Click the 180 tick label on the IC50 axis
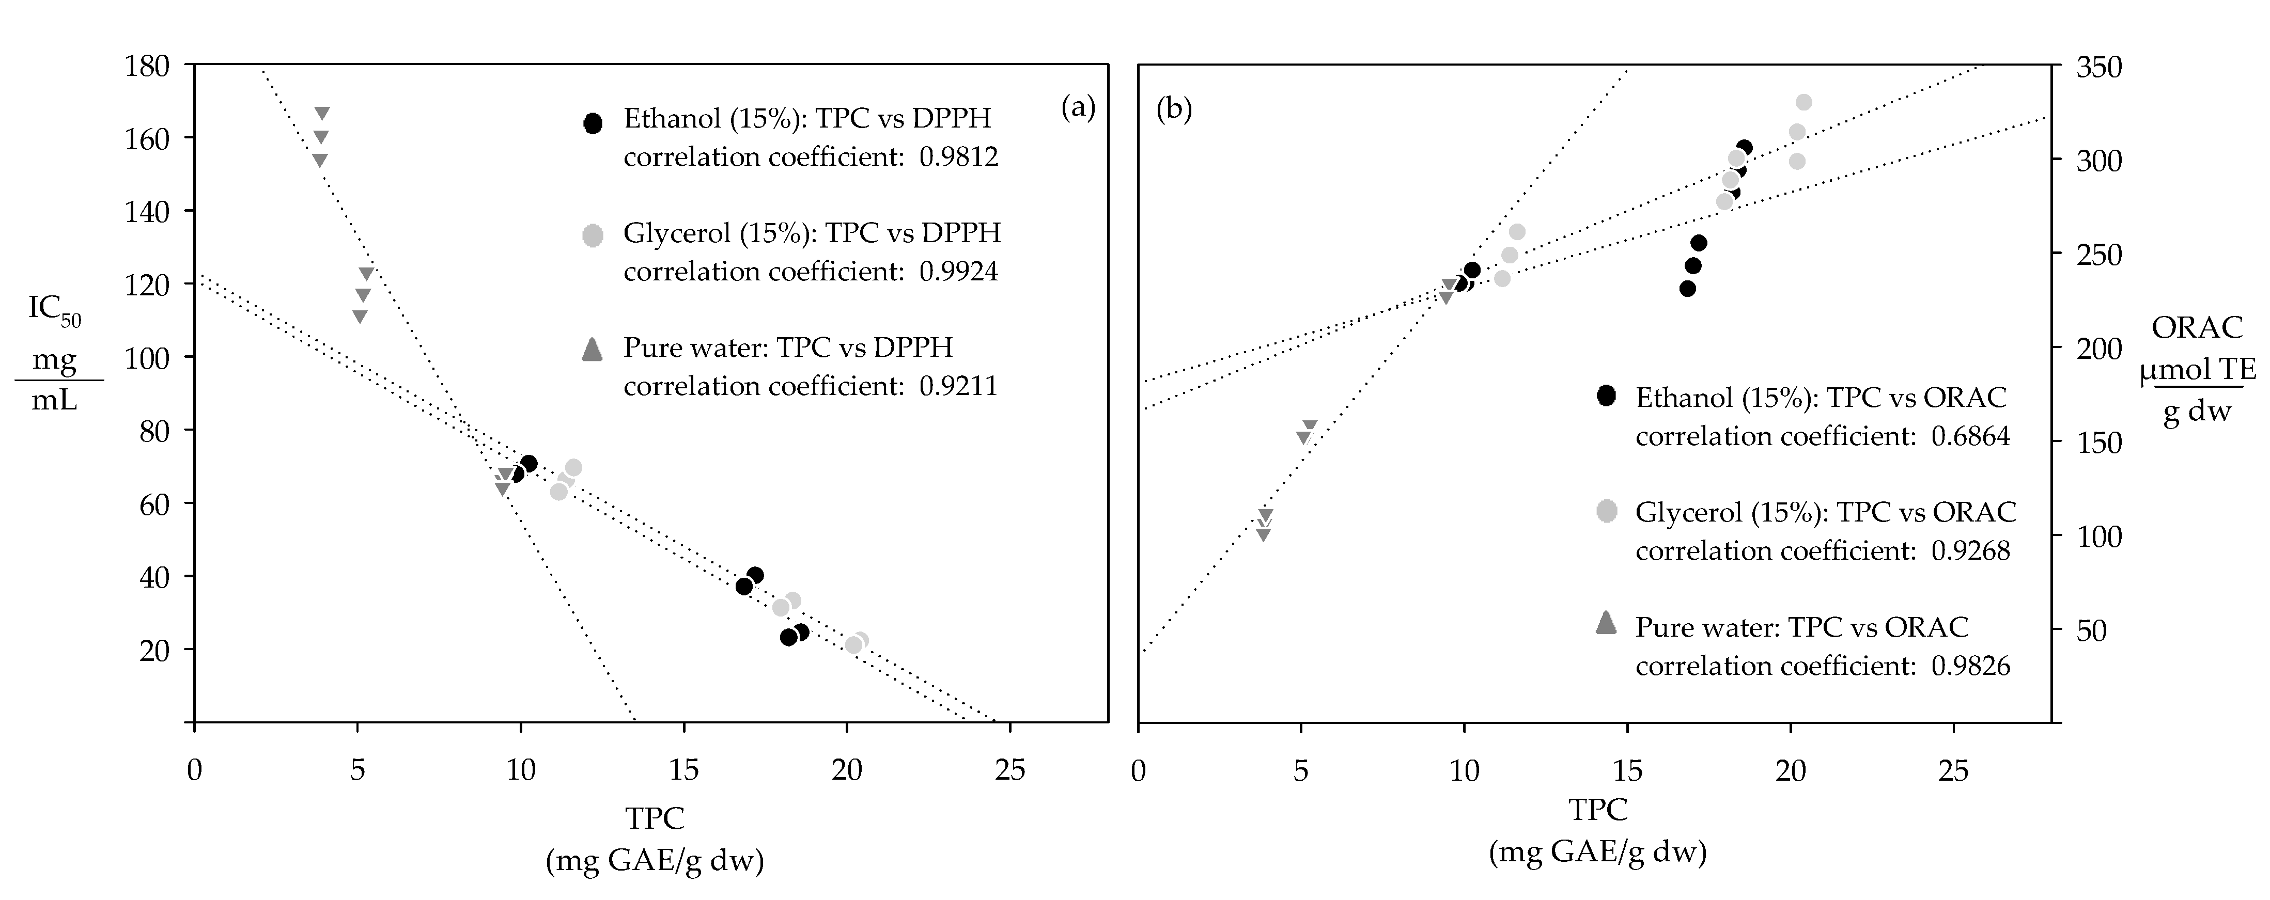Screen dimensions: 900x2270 point(148,66)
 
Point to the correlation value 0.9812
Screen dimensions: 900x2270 point(959,157)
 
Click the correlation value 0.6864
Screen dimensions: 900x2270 point(1970,436)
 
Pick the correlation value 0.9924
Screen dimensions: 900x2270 point(959,271)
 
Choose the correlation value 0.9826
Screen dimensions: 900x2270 point(1970,666)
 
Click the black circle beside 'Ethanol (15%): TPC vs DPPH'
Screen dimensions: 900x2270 point(593,123)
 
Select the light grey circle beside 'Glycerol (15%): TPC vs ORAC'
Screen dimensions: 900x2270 point(1607,511)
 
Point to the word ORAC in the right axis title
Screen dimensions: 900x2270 point(2197,327)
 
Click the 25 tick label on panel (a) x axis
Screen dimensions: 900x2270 point(1009,770)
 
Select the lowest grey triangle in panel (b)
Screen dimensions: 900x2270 point(1263,534)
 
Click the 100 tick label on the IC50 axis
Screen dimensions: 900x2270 point(148,357)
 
